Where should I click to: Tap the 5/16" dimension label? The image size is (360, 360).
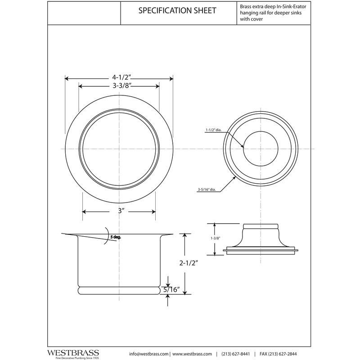pos(173,290)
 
